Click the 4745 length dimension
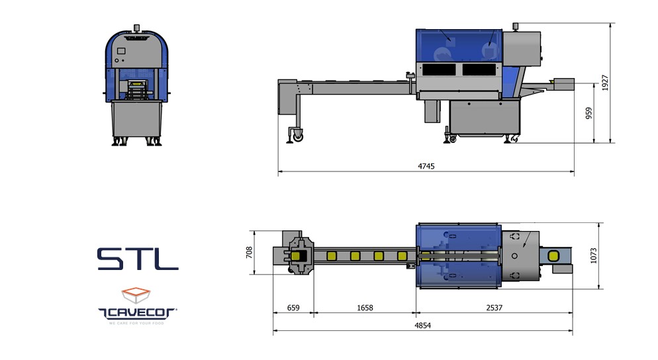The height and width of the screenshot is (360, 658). pyautogui.click(x=426, y=166)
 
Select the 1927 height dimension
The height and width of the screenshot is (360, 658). pyautogui.click(x=604, y=83)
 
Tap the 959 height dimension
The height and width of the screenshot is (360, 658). pyautogui.click(x=588, y=113)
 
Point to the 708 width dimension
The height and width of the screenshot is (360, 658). pyautogui.click(x=250, y=252)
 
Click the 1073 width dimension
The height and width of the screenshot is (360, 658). pyautogui.click(x=593, y=255)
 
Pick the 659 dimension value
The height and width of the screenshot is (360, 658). pyautogui.click(x=293, y=308)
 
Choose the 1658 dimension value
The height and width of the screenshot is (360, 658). pyautogui.click(x=365, y=308)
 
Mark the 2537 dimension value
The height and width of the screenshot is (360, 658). pyautogui.click(x=494, y=308)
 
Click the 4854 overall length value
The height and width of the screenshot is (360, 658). pyautogui.click(x=422, y=325)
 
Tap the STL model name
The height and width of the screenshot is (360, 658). pyautogui.click(x=138, y=259)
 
